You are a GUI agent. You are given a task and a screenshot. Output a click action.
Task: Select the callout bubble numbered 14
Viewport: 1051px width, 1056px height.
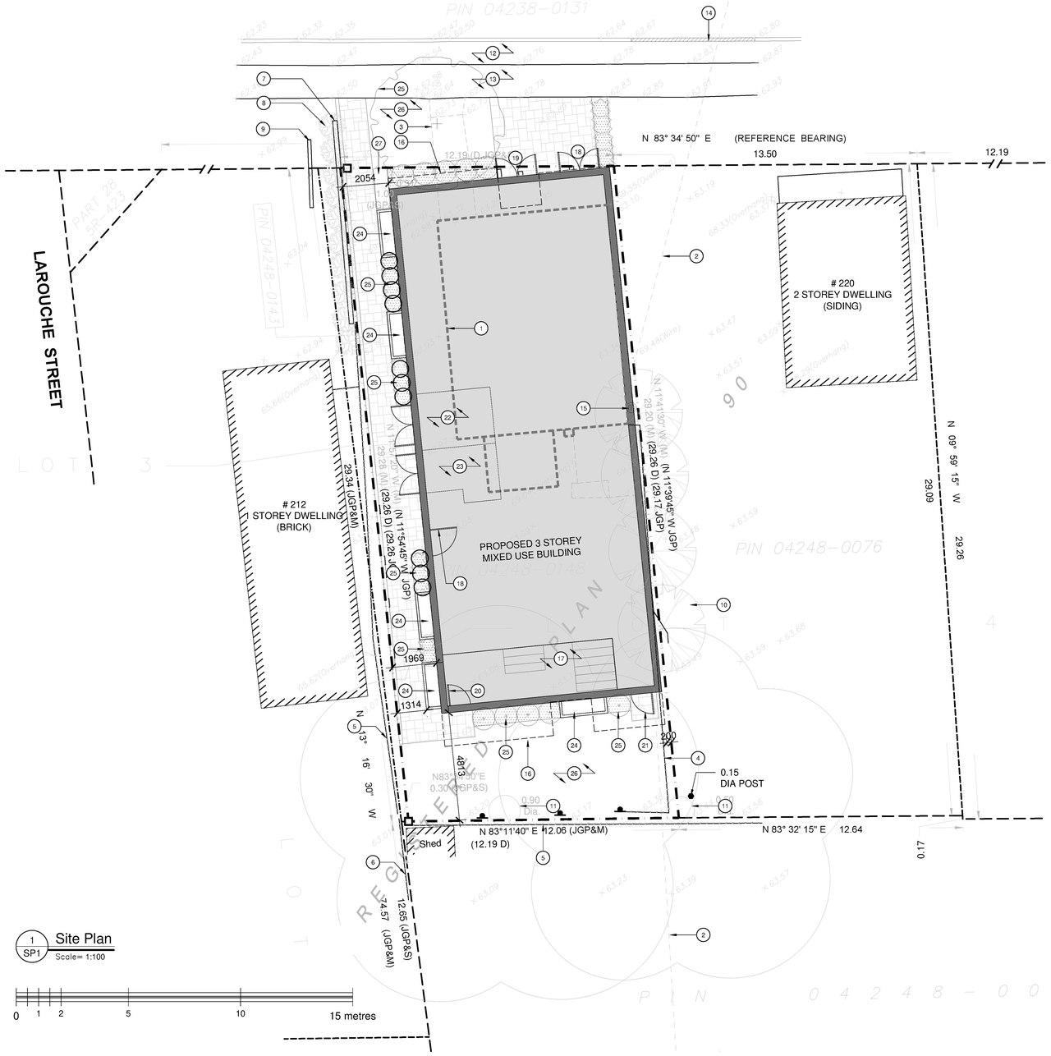[x=709, y=12]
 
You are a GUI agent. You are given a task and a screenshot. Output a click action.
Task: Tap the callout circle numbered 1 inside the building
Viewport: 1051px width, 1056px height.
[x=481, y=328]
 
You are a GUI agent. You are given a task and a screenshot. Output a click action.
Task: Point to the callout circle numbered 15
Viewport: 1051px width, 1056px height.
[x=584, y=408]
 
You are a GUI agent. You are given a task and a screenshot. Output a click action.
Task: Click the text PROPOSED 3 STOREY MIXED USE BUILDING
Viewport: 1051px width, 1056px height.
[x=530, y=548]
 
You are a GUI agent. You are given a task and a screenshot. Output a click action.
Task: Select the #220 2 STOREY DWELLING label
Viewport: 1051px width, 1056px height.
[x=847, y=294]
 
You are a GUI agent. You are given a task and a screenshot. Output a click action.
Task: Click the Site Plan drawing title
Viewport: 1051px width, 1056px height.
[x=83, y=939]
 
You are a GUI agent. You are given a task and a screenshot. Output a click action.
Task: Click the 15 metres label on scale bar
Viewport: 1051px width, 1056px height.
[x=353, y=1016]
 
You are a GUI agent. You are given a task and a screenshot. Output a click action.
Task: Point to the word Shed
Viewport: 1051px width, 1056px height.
[x=430, y=843]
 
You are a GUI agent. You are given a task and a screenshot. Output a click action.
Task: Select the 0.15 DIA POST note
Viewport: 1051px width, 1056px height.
[x=741, y=778]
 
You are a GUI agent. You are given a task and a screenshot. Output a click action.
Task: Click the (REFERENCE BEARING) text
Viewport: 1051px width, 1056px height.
[x=790, y=138]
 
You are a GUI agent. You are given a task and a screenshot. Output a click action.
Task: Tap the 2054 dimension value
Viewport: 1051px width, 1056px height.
[x=365, y=178]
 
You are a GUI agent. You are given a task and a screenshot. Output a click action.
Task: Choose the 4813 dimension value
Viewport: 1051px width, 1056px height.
[x=461, y=767]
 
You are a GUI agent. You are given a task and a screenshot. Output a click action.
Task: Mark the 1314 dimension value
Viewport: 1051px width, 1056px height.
[x=411, y=705]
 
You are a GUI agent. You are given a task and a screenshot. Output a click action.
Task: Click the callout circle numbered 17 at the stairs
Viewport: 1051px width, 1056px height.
[x=561, y=659]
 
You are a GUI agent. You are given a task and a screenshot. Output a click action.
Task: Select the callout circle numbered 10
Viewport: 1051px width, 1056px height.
[x=723, y=605]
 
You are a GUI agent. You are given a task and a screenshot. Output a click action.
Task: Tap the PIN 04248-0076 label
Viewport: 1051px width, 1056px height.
[x=808, y=546]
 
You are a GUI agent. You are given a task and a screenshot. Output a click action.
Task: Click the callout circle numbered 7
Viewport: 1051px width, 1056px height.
[x=264, y=79]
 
